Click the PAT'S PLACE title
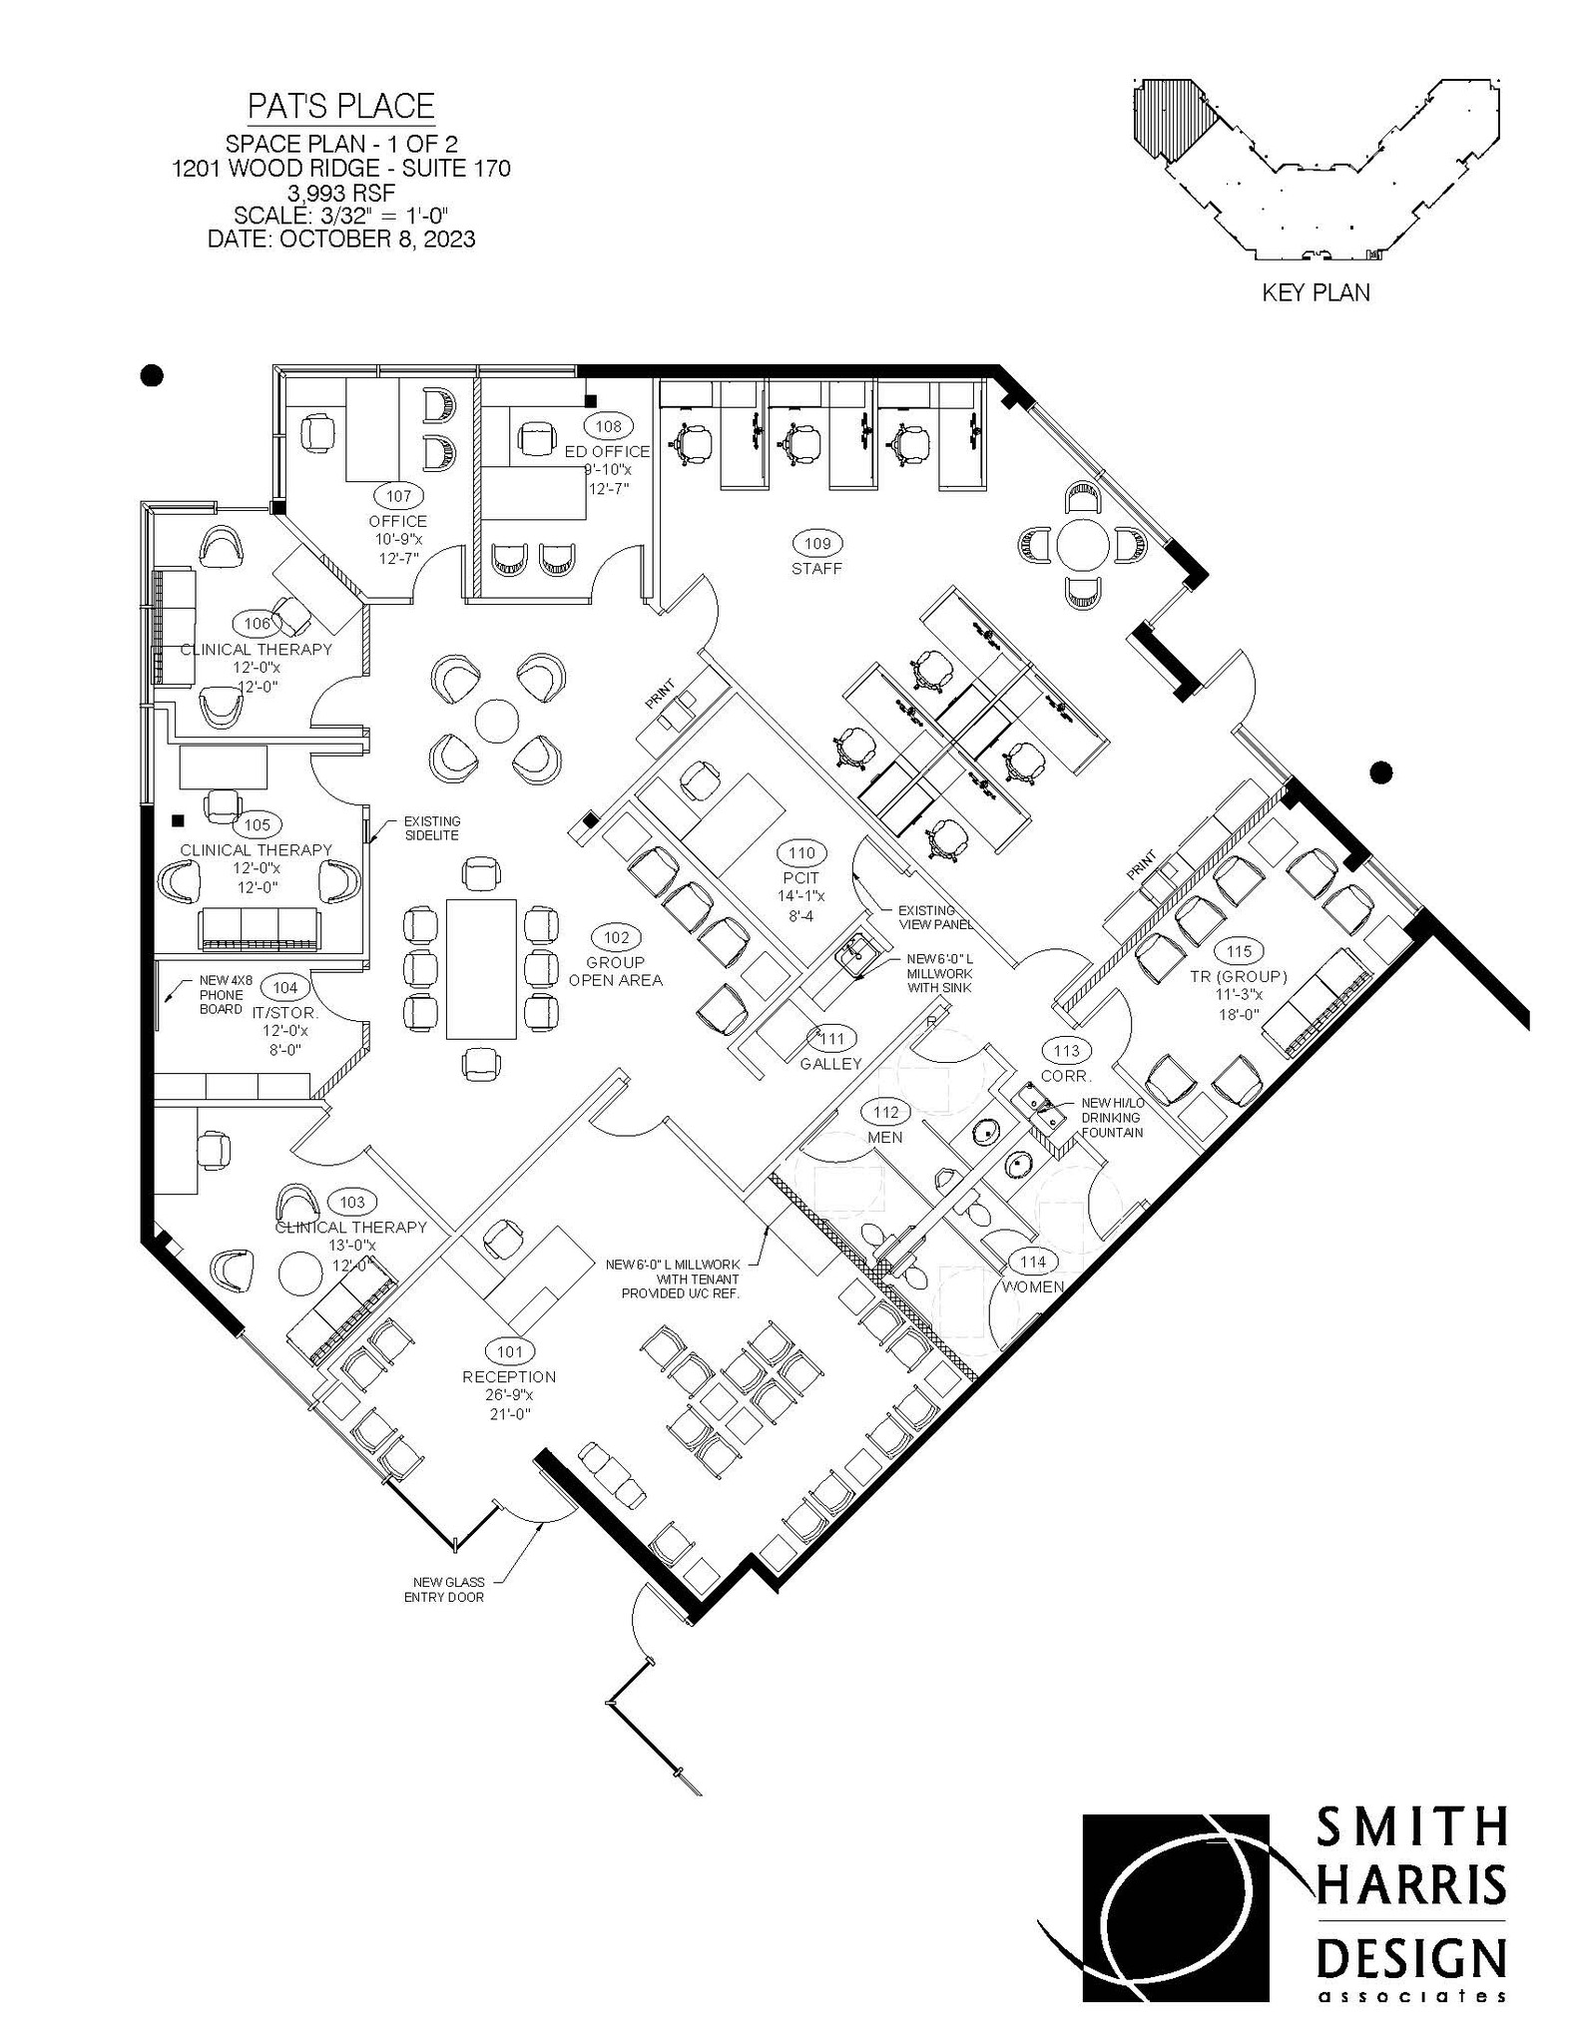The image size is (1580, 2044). (340, 106)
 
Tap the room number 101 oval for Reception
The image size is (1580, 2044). (509, 1352)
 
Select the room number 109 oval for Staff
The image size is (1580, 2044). (816, 543)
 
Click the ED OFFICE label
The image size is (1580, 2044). (607, 451)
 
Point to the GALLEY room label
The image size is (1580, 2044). (829, 1064)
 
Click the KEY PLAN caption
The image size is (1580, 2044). (1316, 292)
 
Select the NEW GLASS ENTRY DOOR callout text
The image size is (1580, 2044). (449, 1590)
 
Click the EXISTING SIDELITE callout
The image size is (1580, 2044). (431, 827)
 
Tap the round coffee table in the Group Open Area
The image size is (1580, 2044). (496, 719)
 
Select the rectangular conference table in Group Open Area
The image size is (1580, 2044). (481, 968)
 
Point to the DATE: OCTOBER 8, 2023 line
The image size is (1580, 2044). (340, 240)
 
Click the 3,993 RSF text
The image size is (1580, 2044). (340, 192)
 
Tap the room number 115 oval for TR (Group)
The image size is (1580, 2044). (1238, 952)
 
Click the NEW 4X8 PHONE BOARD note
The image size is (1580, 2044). (221, 994)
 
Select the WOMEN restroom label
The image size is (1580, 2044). (1032, 1286)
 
